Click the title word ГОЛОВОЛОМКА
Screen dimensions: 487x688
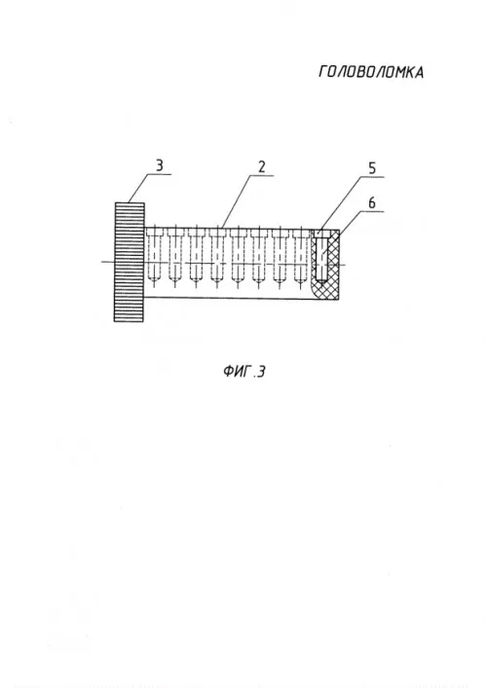coord(371,72)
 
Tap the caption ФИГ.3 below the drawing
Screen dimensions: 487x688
coord(244,372)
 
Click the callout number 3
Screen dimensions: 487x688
coord(159,165)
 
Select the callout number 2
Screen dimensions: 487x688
coord(262,166)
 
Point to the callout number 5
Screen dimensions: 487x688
coord(372,168)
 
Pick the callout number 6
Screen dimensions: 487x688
coord(372,202)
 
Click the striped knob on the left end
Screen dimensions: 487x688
coord(130,262)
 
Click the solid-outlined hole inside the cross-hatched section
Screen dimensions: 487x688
coord(321,258)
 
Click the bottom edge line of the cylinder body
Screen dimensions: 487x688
coord(242,299)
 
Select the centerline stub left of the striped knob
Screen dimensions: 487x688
coord(108,262)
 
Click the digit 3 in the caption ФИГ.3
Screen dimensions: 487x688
coord(260,372)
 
